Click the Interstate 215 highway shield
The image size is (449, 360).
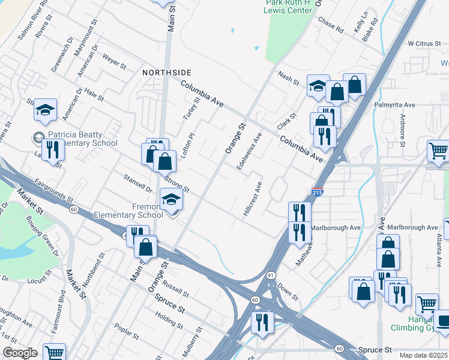click(x=318, y=192)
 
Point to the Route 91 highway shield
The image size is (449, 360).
click(x=271, y=275)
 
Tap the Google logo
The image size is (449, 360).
click(x=20, y=353)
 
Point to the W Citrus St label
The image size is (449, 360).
click(x=424, y=44)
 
